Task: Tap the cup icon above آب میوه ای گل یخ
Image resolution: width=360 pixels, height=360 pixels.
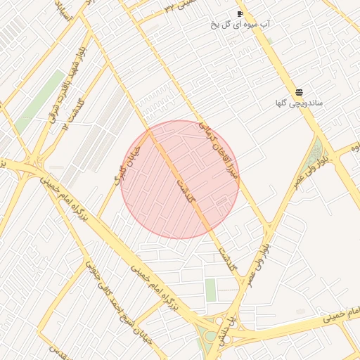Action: [x=240, y=13]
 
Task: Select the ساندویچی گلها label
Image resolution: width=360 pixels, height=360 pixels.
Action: [x=300, y=103]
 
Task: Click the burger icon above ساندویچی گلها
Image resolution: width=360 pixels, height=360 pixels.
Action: [x=300, y=92]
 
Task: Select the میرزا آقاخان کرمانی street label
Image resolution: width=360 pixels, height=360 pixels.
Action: [x=219, y=148]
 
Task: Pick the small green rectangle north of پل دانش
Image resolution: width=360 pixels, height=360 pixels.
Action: [x=211, y=290]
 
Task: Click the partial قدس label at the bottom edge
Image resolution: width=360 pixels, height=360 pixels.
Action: [x=60, y=351]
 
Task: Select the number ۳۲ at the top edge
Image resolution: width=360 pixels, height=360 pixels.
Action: [x=169, y=6]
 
